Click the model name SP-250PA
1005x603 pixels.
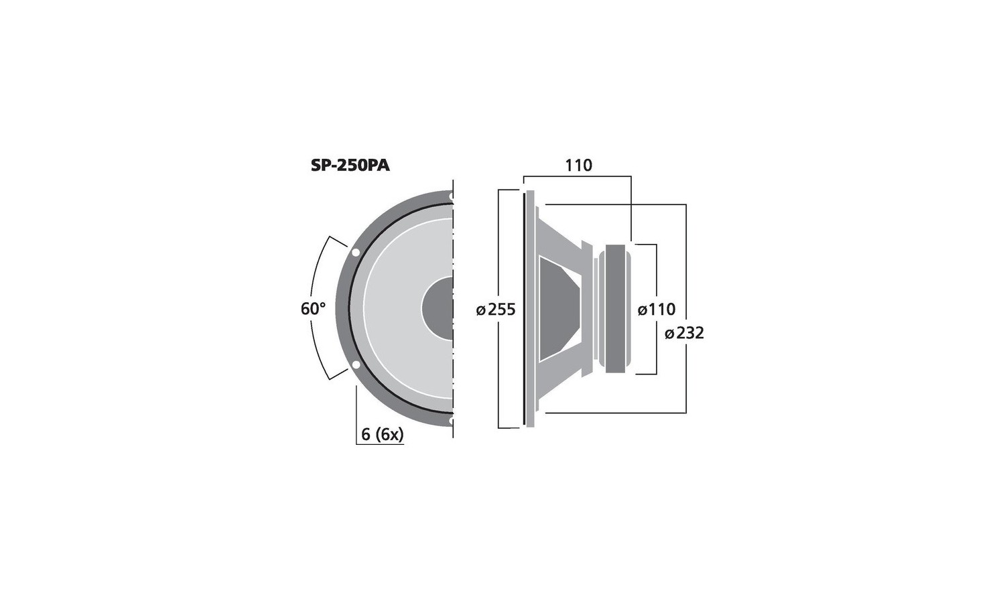(350, 166)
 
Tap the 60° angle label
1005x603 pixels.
(313, 309)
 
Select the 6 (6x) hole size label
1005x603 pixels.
(383, 434)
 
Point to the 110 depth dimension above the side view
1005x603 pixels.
(578, 165)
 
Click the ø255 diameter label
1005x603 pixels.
(496, 310)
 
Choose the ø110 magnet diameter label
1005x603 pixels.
(657, 309)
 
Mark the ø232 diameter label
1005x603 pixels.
(684, 333)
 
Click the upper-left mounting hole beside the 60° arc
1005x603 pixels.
(355, 253)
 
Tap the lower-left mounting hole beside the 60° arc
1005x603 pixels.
(355, 364)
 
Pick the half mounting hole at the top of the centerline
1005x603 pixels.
(452, 196)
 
